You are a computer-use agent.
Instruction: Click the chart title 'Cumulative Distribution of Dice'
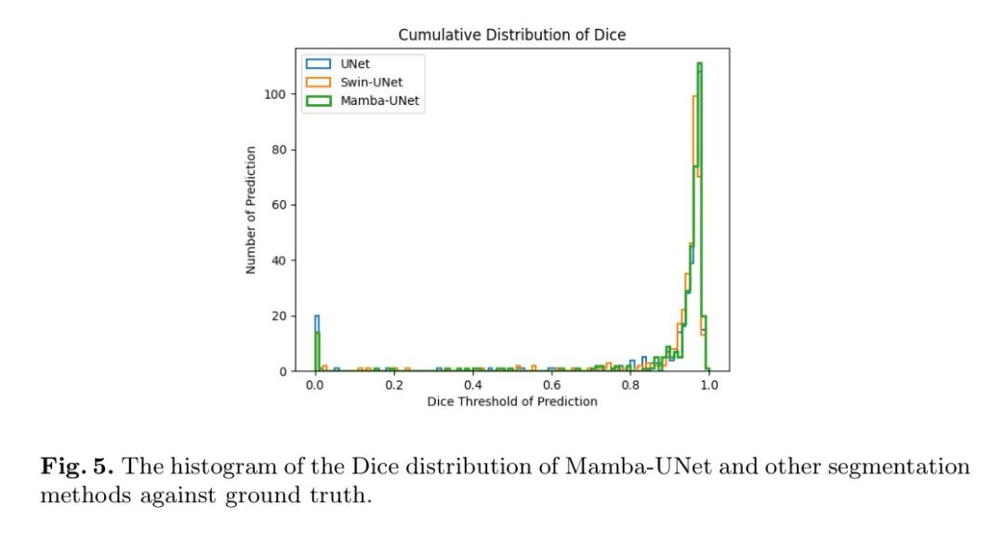coord(511,34)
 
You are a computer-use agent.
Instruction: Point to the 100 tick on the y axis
coord(274,94)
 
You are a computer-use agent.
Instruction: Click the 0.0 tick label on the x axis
coord(315,385)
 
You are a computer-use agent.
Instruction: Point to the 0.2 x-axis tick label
coord(394,385)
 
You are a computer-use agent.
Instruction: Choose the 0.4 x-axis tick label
coord(473,385)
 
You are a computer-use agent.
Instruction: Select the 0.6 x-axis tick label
coord(552,385)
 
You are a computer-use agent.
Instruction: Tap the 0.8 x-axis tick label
coord(631,385)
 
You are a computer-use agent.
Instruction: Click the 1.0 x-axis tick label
coord(710,385)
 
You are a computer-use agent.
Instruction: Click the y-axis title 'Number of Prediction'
coord(251,208)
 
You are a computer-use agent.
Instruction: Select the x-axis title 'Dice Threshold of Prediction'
coord(512,402)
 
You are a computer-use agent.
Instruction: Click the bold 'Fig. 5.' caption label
coord(76,467)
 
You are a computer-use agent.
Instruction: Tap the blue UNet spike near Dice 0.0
coord(317,321)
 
